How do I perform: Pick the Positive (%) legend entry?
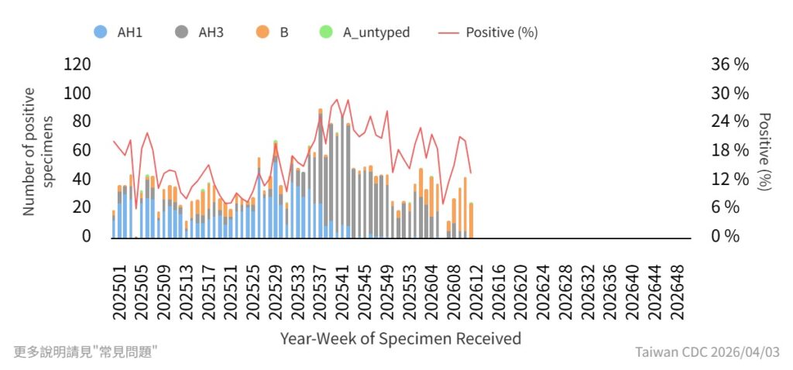click(489, 33)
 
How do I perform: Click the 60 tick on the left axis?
click(81, 150)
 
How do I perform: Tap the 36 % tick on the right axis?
click(729, 64)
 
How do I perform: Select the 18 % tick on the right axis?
click(729, 150)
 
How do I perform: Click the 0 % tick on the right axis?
click(726, 236)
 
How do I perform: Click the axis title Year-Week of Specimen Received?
click(400, 338)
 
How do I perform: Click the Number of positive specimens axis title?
click(38, 151)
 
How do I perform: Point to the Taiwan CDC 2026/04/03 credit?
click(707, 352)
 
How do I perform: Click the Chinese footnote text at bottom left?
click(86, 351)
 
